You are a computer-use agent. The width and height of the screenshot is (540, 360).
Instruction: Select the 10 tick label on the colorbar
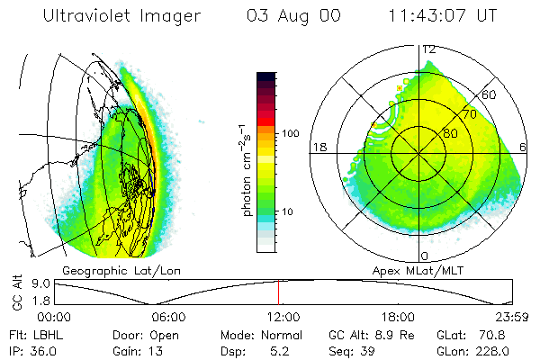click(291, 211)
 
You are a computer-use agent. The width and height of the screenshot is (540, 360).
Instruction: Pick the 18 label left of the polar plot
click(317, 148)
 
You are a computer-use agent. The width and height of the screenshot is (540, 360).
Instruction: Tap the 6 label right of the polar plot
click(524, 148)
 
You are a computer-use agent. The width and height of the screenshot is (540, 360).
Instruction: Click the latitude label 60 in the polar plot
click(490, 94)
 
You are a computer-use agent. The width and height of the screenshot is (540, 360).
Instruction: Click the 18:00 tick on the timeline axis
click(398, 317)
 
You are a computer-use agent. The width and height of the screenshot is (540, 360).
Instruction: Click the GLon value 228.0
click(491, 350)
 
